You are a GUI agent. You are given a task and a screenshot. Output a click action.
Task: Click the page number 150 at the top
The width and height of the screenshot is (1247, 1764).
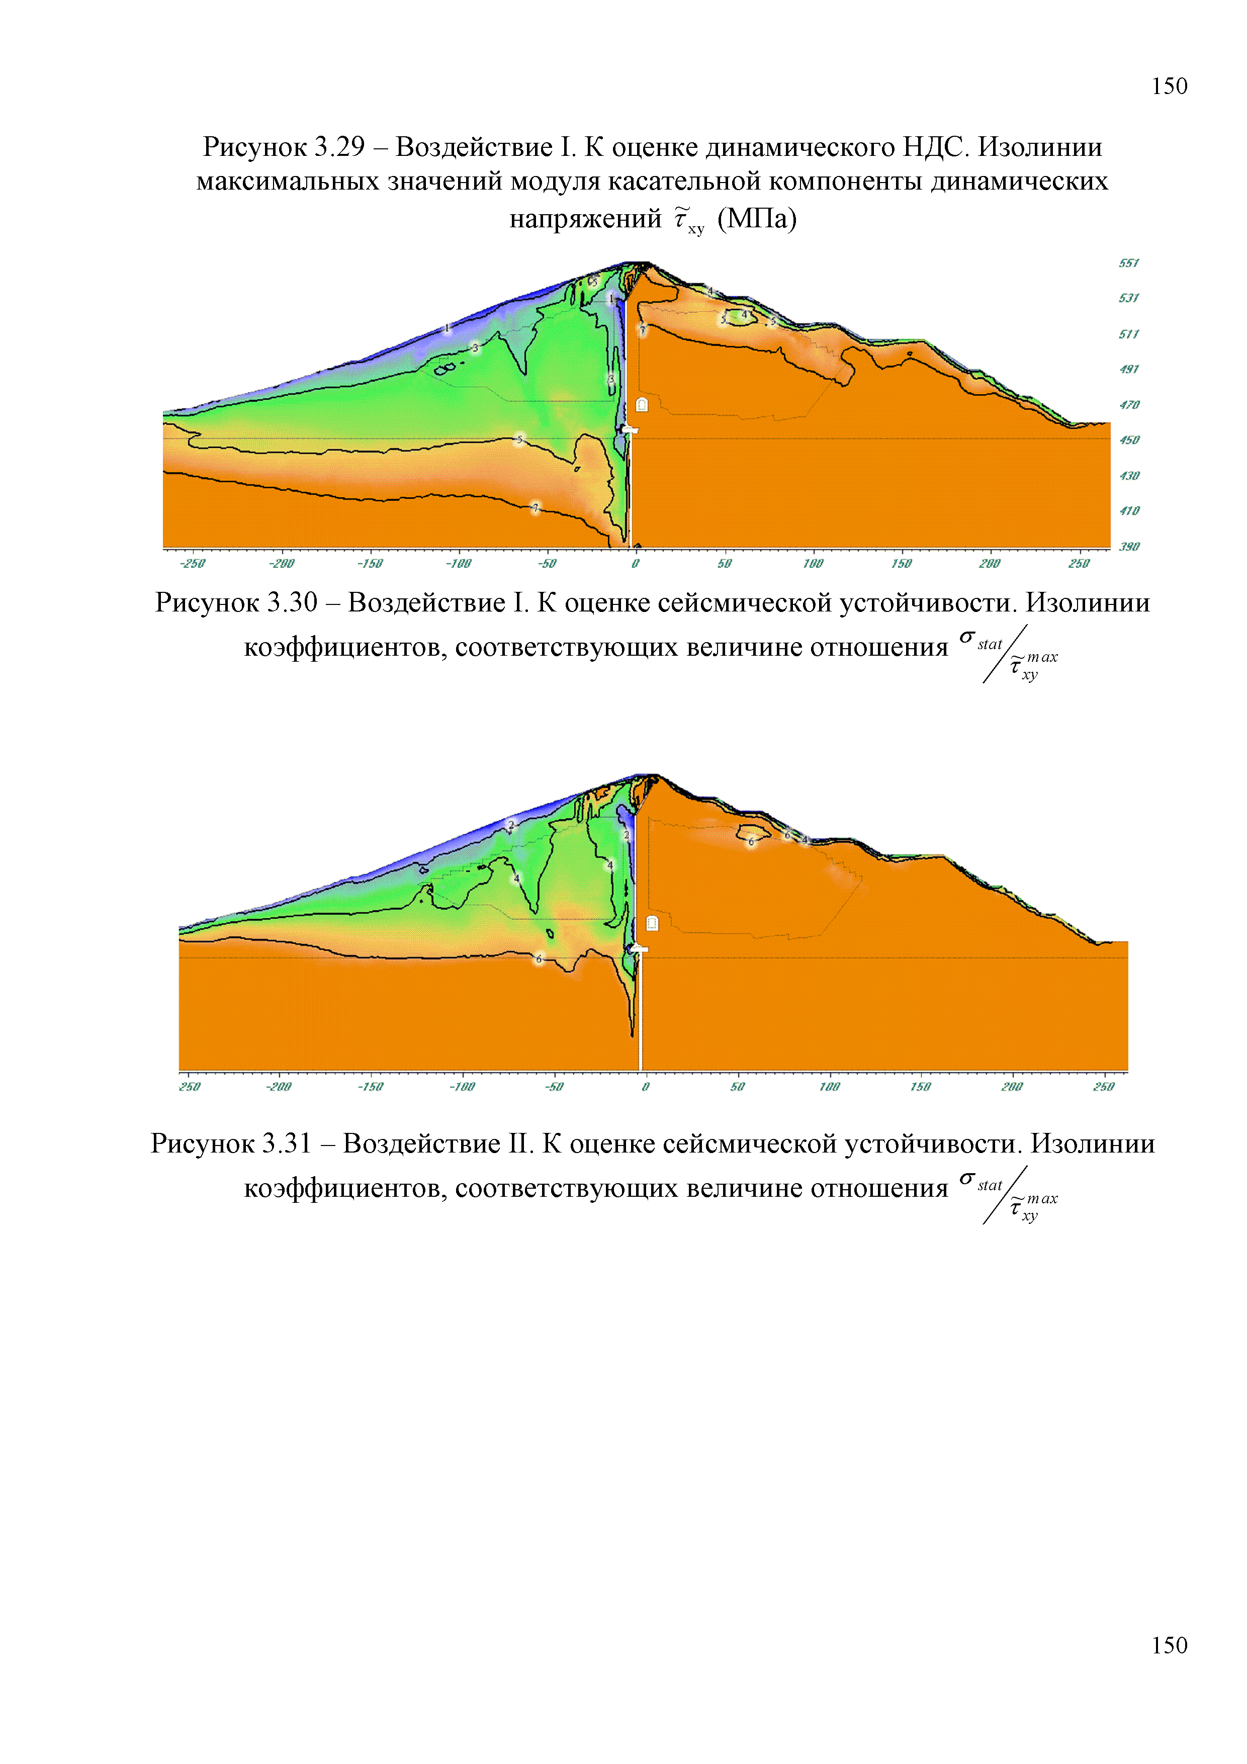coord(1169,86)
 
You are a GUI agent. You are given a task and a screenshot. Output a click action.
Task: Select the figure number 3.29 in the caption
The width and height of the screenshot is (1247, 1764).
coord(339,147)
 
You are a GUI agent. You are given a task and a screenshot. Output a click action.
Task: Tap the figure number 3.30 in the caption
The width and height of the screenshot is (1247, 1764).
coord(293,602)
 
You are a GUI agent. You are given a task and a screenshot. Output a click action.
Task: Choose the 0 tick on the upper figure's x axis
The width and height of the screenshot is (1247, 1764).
coord(635,564)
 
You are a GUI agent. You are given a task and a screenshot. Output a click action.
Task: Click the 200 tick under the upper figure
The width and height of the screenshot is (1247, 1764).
coord(989,564)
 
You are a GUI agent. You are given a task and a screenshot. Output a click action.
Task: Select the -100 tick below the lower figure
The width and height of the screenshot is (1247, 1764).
coord(462,1086)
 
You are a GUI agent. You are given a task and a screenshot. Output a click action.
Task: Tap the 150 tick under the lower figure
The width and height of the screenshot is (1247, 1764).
coord(920,1086)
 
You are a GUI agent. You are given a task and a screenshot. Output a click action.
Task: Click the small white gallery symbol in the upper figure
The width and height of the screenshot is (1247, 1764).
coord(642,405)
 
